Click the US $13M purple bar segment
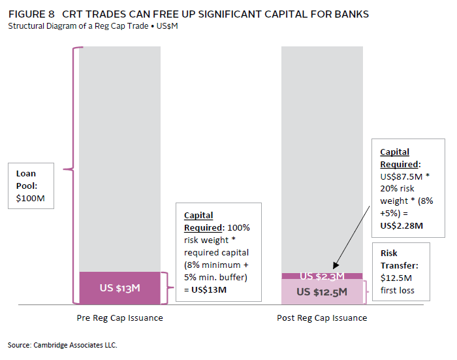pos(119,287)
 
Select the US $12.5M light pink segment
pos(321,292)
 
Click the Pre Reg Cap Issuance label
pos(119,318)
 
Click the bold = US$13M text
pos(206,289)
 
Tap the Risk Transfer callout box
pos(401,272)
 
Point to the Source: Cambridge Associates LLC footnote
pos(63,344)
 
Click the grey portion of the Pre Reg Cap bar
pos(119,157)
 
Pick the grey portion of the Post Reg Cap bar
pos(321,157)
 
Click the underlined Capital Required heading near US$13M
pos(199,221)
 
